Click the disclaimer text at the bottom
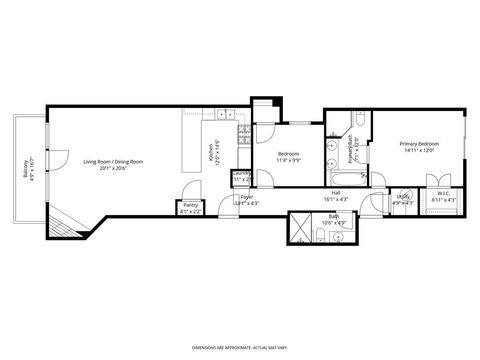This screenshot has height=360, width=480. tap(239, 347)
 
